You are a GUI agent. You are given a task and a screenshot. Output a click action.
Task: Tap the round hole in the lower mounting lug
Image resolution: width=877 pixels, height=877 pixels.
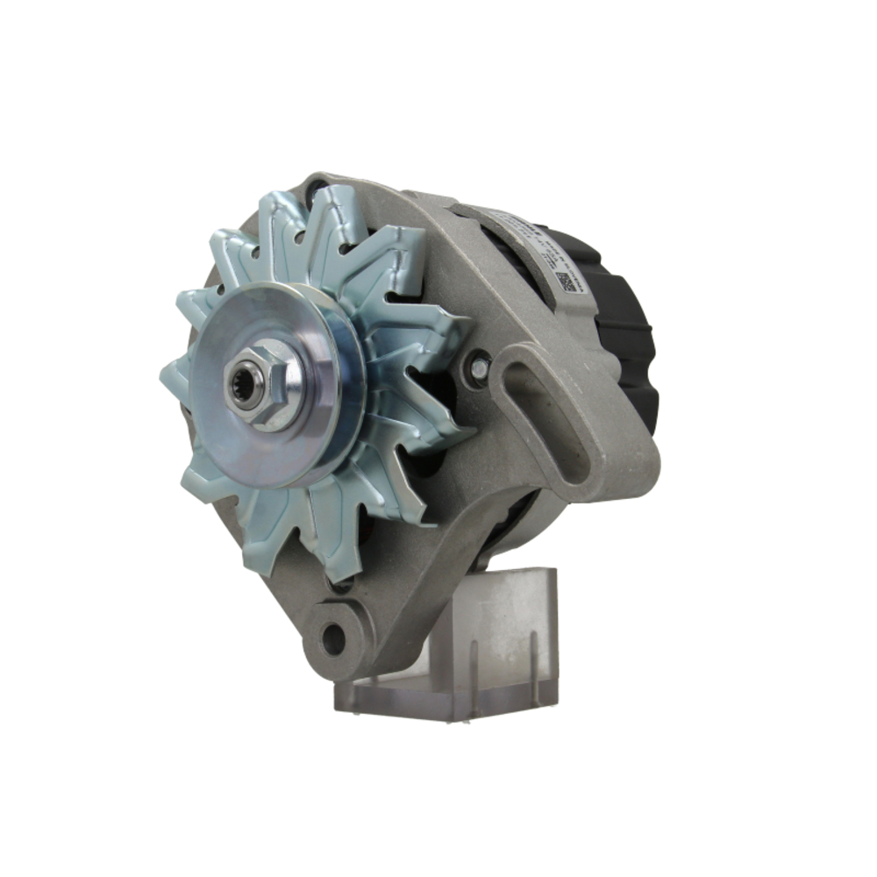333,638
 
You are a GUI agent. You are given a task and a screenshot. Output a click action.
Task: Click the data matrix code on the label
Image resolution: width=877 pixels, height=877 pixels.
566,283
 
